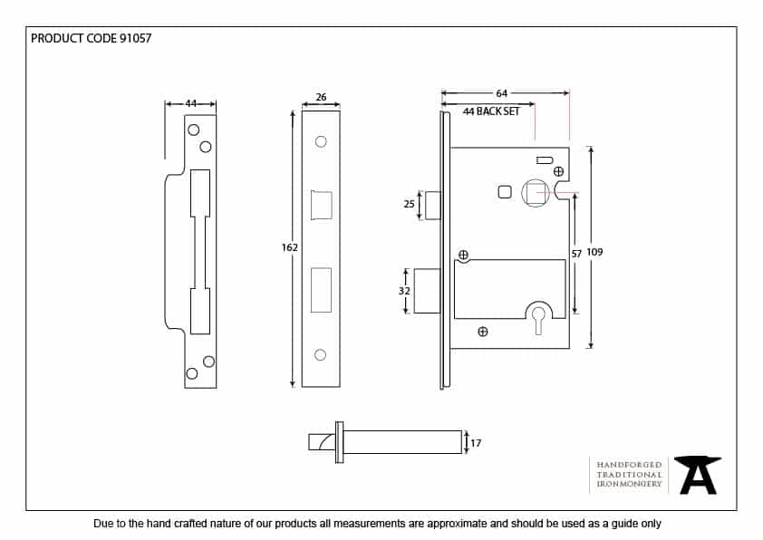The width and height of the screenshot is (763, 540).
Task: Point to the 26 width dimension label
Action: click(x=321, y=97)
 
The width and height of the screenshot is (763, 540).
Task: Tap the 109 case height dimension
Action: click(x=594, y=252)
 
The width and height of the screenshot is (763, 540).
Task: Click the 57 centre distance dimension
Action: click(x=576, y=255)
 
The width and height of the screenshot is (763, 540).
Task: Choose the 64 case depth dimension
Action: click(x=502, y=92)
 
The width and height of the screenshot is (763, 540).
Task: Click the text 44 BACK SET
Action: click(x=491, y=111)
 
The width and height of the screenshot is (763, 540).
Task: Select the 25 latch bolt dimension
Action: click(x=409, y=205)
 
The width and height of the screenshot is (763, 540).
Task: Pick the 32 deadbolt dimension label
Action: click(x=405, y=291)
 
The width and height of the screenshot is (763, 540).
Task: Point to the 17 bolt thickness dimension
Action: click(x=476, y=443)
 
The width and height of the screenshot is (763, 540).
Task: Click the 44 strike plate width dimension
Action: click(x=190, y=104)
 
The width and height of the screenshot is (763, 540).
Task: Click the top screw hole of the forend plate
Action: click(x=320, y=142)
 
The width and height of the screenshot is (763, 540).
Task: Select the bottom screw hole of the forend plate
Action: click(x=320, y=354)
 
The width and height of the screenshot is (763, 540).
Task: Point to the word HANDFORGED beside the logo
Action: click(x=629, y=464)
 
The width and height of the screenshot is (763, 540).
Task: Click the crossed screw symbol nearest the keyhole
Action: click(x=483, y=331)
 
